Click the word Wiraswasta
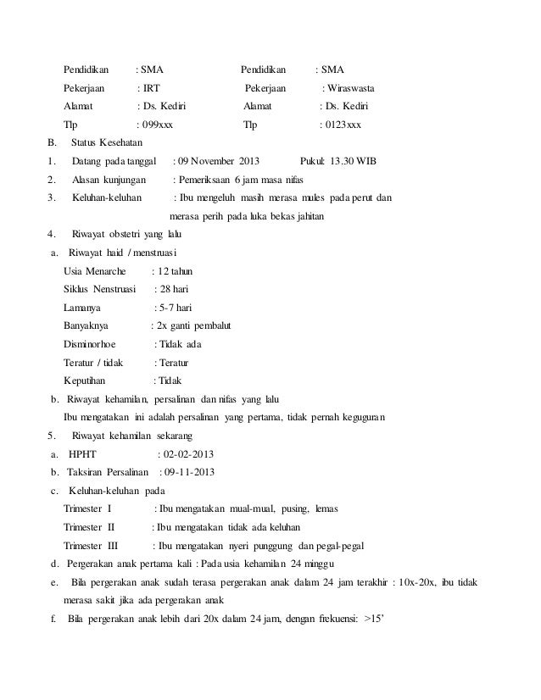(x=354, y=88)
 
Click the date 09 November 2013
(x=220, y=161)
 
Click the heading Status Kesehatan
(x=108, y=142)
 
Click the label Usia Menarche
(x=94, y=271)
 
